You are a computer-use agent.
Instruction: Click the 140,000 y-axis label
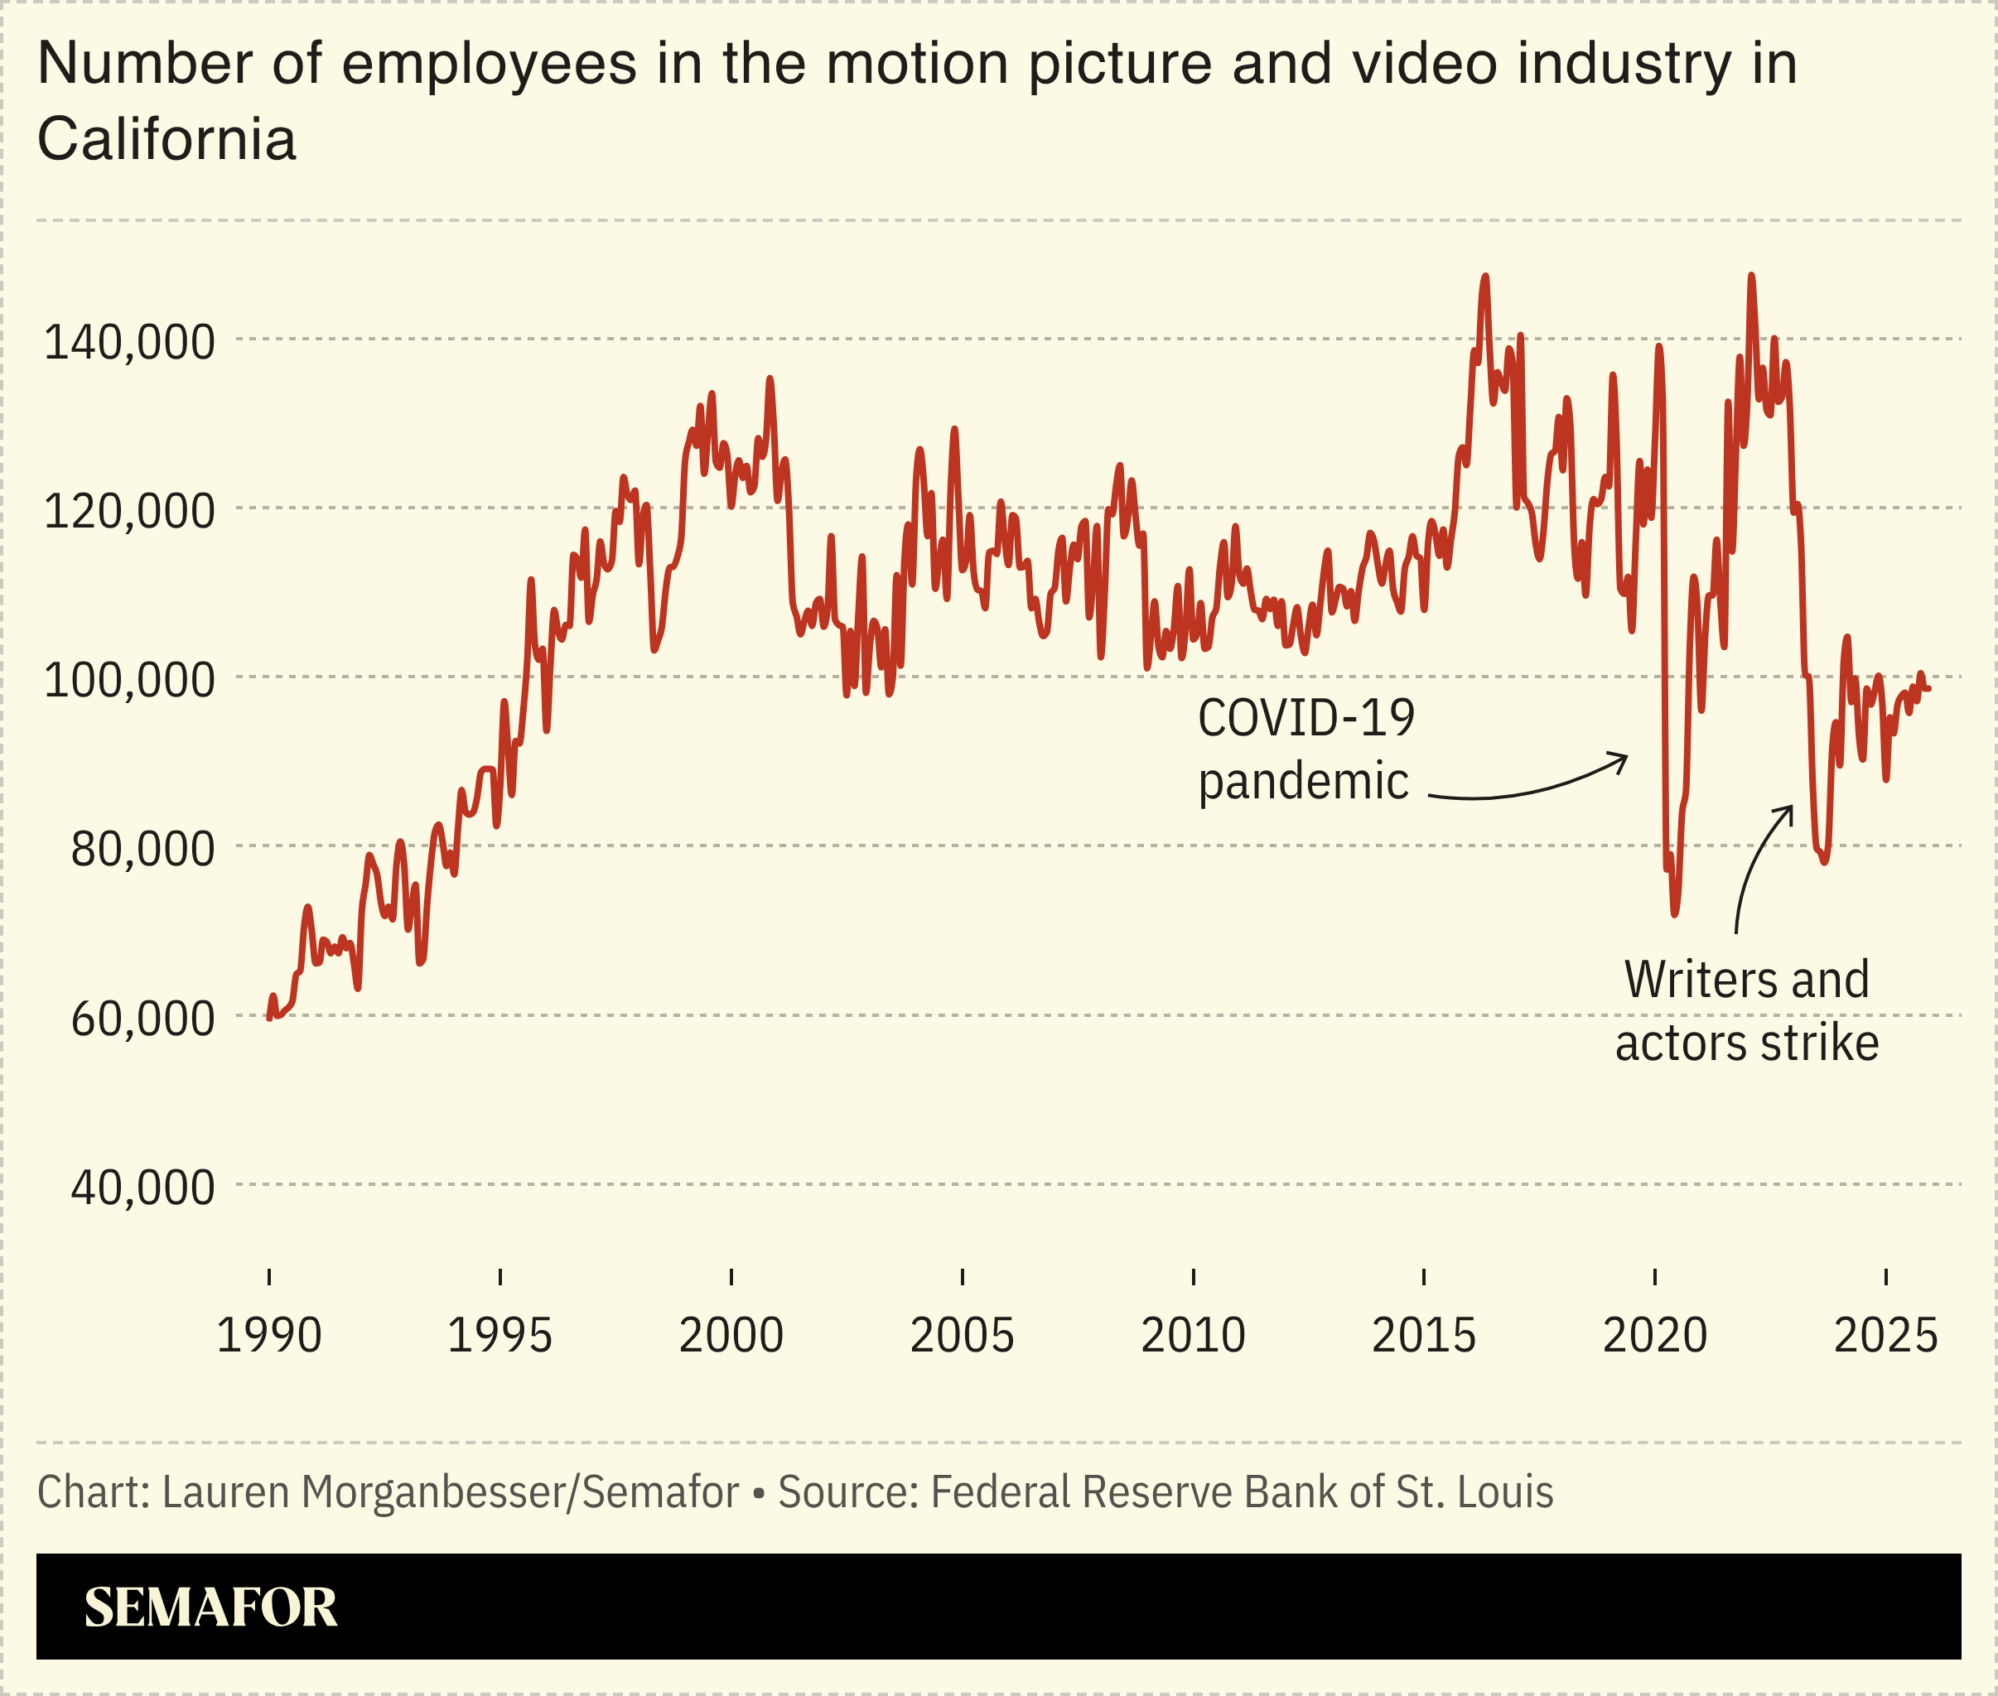click(x=129, y=342)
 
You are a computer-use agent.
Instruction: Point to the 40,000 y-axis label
click(x=142, y=1188)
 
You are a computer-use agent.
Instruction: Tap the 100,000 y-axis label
click(x=129, y=681)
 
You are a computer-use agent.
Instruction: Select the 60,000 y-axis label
click(x=142, y=1018)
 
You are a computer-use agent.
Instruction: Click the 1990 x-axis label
click(x=268, y=1336)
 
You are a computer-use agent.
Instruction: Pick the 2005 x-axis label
click(x=962, y=1336)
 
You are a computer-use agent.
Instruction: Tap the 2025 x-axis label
click(x=1885, y=1336)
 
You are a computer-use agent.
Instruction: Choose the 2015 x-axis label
click(x=1423, y=1336)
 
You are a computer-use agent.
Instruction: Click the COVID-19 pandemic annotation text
click(x=1305, y=749)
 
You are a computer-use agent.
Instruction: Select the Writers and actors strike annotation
click(x=1746, y=1010)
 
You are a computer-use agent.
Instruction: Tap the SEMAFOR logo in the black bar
click(x=210, y=1607)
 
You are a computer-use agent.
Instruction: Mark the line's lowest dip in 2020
click(x=1674, y=913)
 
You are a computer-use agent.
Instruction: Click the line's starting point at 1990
click(x=269, y=1017)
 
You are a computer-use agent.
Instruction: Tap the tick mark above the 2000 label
click(x=731, y=1277)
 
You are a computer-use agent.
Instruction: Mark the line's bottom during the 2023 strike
click(x=1824, y=860)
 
